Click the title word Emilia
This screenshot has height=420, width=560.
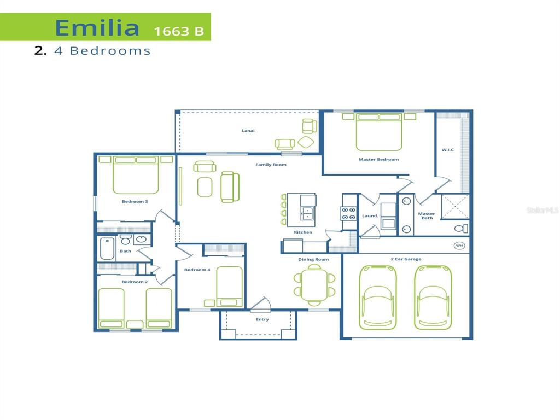(x=97, y=27)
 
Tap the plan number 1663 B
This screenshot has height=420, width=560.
(x=179, y=31)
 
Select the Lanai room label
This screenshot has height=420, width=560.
(x=248, y=131)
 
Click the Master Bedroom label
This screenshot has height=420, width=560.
(x=378, y=160)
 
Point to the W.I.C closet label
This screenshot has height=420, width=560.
(x=448, y=149)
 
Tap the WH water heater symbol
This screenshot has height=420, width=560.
(x=459, y=246)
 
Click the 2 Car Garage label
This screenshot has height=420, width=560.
(x=406, y=259)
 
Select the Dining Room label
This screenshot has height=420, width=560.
(x=313, y=259)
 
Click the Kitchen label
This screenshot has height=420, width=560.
(x=303, y=232)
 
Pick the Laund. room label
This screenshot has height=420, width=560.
(x=370, y=216)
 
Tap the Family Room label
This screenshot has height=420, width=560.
(x=271, y=165)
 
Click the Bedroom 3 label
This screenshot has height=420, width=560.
(x=135, y=202)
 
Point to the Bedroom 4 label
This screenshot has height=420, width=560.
(x=197, y=270)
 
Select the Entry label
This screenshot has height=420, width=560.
(x=262, y=319)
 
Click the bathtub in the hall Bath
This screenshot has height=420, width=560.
(x=107, y=249)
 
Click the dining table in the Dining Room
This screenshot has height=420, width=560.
(x=314, y=284)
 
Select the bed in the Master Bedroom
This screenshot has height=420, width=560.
(x=379, y=132)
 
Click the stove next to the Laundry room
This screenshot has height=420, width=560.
(x=349, y=214)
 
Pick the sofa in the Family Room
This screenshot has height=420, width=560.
(x=229, y=186)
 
